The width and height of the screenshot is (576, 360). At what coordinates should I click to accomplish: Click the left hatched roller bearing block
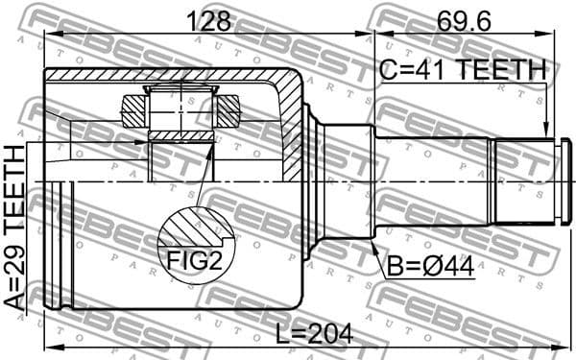tap(132, 109)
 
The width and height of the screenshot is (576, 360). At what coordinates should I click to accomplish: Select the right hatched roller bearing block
tap(228, 109)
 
